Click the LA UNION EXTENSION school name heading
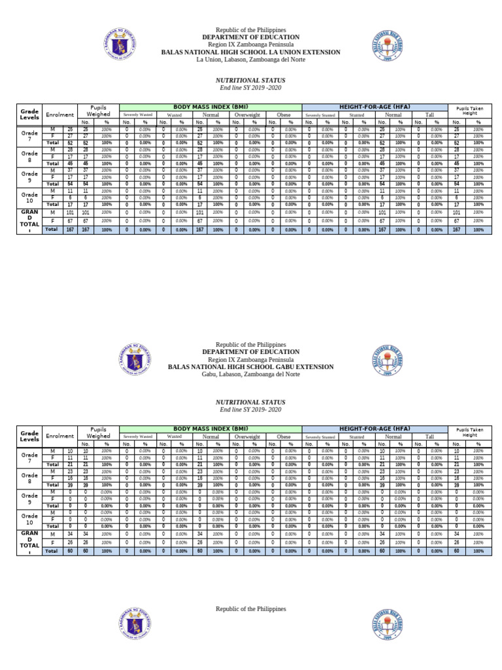[251, 52]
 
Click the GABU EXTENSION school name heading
[251, 367]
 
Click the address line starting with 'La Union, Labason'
[251, 60]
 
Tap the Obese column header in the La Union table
[284, 115]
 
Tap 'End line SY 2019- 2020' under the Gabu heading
[251, 409]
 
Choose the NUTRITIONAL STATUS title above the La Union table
[251, 79]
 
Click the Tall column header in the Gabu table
[429, 436]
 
